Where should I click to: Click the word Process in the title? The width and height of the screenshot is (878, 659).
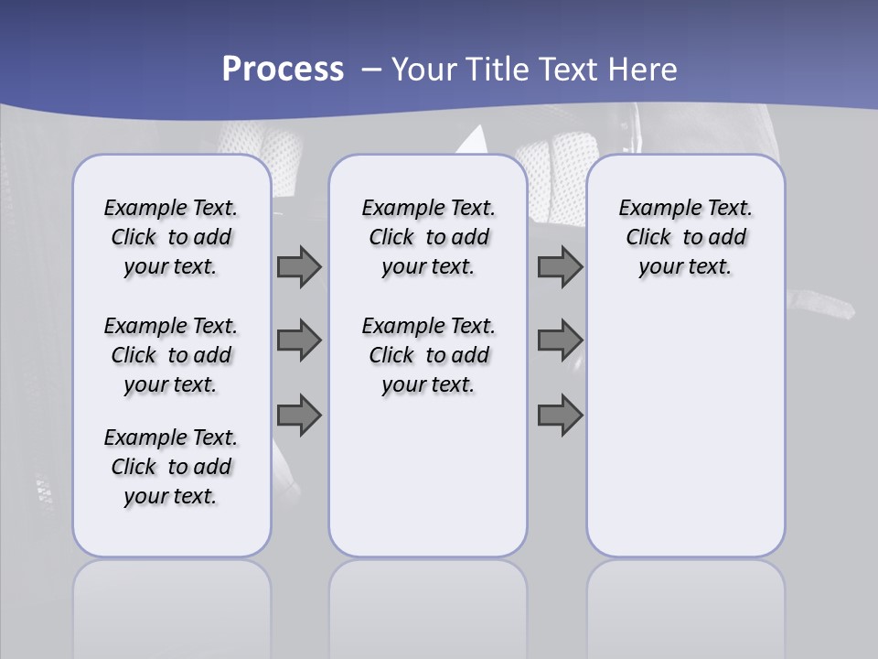[x=283, y=69]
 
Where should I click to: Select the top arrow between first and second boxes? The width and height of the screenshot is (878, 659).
[x=299, y=266]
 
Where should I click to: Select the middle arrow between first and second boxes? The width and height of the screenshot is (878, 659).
[x=299, y=340]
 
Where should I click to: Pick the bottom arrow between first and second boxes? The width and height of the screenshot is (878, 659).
[x=299, y=416]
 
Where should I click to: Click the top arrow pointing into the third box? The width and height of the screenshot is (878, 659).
[x=560, y=266]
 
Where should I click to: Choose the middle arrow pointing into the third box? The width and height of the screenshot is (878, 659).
[x=560, y=340]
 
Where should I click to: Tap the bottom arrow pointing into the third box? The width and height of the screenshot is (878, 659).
[x=560, y=416]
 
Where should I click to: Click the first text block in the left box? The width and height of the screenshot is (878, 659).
[x=171, y=237]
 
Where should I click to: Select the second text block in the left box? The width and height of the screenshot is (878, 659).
[x=171, y=355]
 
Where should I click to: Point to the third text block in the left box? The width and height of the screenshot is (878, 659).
[x=171, y=467]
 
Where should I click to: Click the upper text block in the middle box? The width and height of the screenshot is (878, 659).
[x=428, y=237]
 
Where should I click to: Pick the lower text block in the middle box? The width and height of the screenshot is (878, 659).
[x=428, y=355]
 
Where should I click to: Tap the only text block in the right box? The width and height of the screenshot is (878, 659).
[x=685, y=237]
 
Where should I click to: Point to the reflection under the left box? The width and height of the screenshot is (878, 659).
[x=172, y=604]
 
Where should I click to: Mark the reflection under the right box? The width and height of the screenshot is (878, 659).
[x=685, y=604]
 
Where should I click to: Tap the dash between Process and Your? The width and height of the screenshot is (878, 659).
[x=370, y=70]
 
